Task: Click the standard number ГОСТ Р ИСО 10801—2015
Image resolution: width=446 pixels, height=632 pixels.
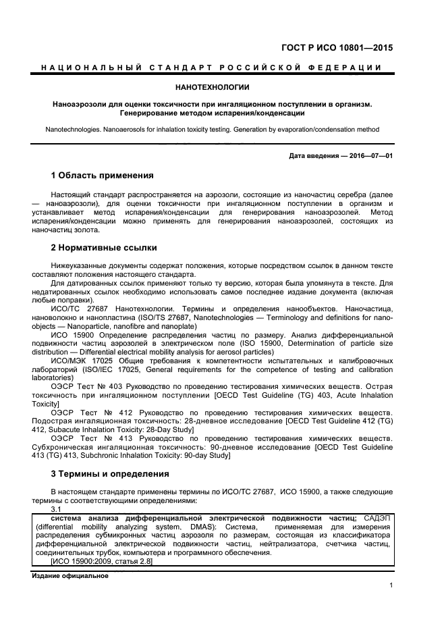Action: [336, 48]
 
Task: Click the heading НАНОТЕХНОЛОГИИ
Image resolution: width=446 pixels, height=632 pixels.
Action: [212, 87]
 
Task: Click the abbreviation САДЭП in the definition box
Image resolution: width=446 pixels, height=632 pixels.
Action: [378, 517]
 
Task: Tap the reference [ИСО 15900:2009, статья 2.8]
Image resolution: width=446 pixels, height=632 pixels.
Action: [102, 561]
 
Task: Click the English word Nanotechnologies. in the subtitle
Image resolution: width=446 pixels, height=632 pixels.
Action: [76, 129]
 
